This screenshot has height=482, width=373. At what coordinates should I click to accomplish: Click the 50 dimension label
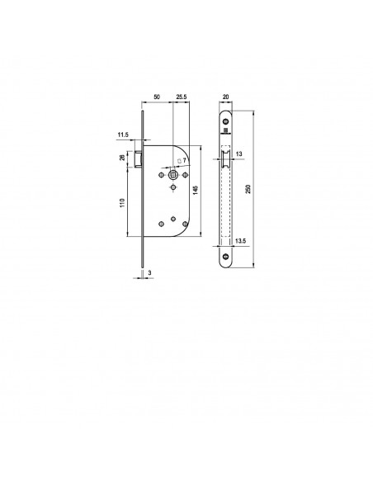click(157, 97)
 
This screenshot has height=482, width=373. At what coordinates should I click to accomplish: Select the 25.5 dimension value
click(182, 97)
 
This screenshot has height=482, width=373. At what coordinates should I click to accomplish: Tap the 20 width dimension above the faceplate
click(225, 97)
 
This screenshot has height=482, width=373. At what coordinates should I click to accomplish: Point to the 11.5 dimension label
click(123, 135)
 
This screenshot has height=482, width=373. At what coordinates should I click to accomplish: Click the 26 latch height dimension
click(122, 158)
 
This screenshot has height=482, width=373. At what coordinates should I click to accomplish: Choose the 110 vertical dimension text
click(123, 203)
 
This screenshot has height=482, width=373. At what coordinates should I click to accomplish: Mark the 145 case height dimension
click(196, 190)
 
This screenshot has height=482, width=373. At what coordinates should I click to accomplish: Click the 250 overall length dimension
click(248, 189)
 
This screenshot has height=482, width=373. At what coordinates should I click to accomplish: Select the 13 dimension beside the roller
click(239, 154)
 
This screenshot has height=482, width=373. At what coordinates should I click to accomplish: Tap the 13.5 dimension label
click(240, 241)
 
